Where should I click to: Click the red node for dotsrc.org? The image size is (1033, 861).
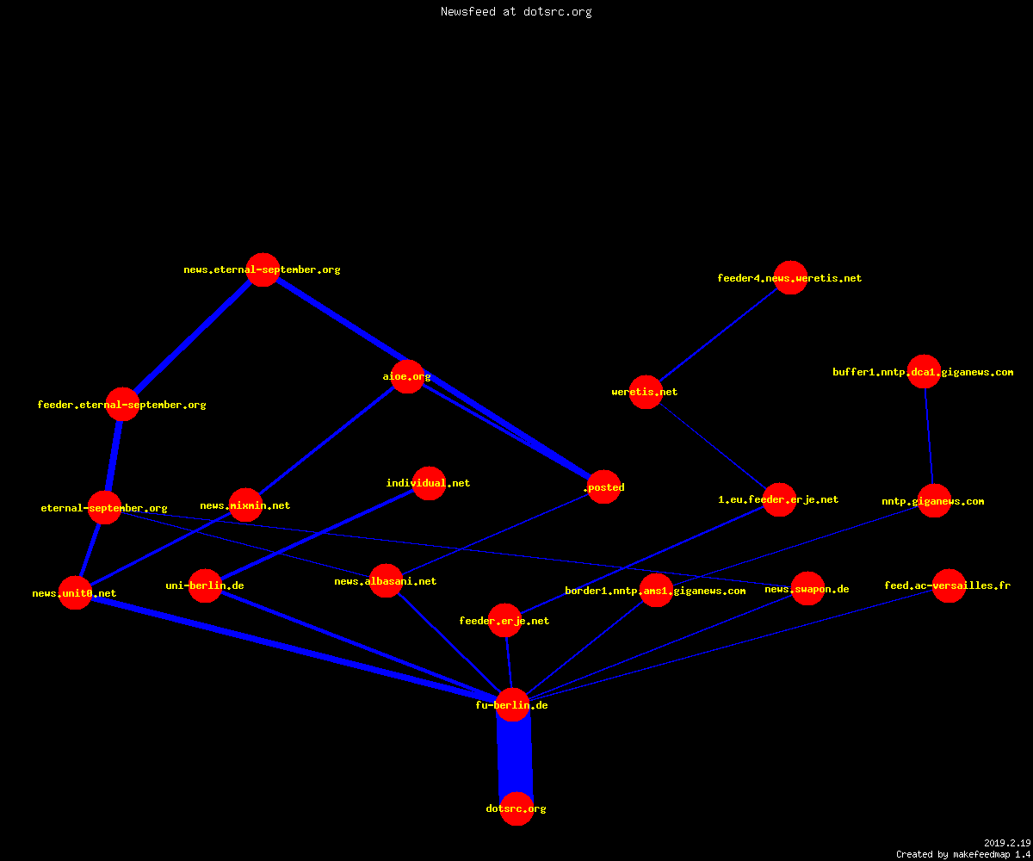pyautogui.click(x=516, y=808)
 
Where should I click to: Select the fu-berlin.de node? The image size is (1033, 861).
pyautogui.click(x=512, y=704)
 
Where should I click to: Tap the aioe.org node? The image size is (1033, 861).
pyautogui.click(x=407, y=376)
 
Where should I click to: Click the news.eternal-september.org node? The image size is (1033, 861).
pyautogui.click(x=263, y=269)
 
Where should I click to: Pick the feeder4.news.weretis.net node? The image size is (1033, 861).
pyautogui.click(x=790, y=277)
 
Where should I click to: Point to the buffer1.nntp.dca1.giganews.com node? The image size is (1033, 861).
pyautogui.click(x=924, y=372)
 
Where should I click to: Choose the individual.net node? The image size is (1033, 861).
pyautogui.click(x=429, y=483)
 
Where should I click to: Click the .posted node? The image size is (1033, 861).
pyautogui.click(x=603, y=487)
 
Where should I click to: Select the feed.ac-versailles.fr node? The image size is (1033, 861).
pyautogui.click(x=949, y=585)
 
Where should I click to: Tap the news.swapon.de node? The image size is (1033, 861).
pyautogui.click(x=808, y=589)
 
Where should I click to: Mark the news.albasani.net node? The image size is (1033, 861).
pyautogui.click(x=386, y=581)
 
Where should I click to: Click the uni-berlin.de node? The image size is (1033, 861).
pyautogui.click(x=205, y=585)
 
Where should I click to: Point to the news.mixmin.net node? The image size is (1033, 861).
pyautogui.click(x=245, y=505)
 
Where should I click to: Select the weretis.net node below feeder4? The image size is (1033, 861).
pyautogui.click(x=646, y=392)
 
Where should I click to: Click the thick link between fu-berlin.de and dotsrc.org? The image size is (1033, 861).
pyautogui.click(x=515, y=757)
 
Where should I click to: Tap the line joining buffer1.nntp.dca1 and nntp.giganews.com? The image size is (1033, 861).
pyautogui.click(x=929, y=437)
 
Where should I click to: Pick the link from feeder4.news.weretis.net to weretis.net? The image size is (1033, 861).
pyautogui.click(x=718, y=335)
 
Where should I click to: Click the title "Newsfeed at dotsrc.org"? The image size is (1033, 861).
pyautogui.click(x=516, y=12)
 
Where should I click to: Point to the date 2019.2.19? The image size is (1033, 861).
pyautogui.click(x=1007, y=843)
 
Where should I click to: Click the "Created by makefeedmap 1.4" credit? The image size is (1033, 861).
pyautogui.click(x=963, y=854)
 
